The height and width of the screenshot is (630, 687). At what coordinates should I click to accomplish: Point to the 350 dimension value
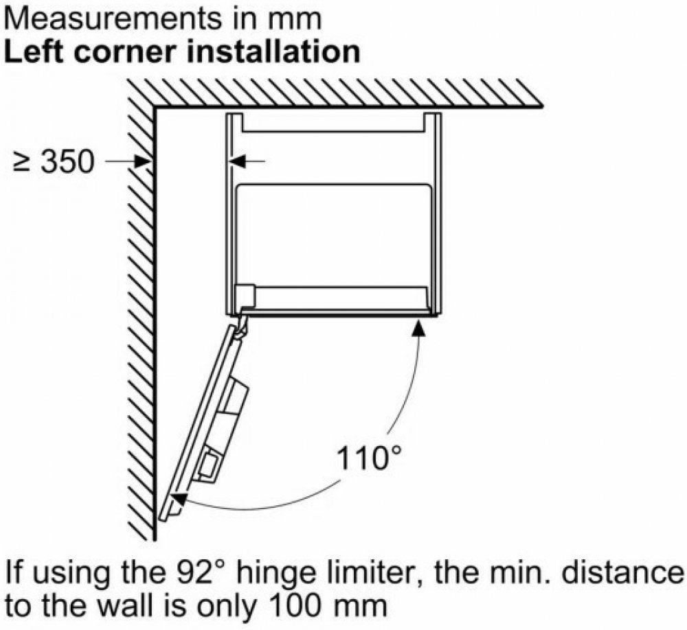click(67, 161)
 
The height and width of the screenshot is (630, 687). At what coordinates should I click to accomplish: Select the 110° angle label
click(368, 458)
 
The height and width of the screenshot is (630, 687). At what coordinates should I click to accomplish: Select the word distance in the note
click(622, 572)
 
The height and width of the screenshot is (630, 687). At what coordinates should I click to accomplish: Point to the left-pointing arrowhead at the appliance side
click(236, 162)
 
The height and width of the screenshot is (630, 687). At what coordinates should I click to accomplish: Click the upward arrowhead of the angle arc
click(418, 327)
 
